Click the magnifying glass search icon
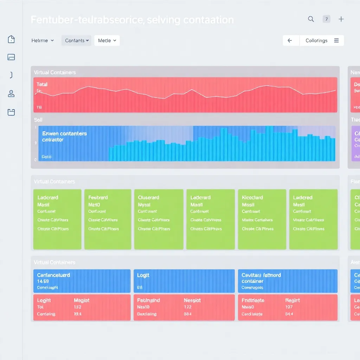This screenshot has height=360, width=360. (x=311, y=19)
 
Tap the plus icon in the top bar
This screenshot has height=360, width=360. (x=341, y=19)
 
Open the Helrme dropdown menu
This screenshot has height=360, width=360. (x=43, y=40)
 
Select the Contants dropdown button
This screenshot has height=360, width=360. (x=76, y=40)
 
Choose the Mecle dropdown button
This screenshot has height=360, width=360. (x=107, y=40)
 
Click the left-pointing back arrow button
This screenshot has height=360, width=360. (x=290, y=40)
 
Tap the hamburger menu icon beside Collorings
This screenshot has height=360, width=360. (x=336, y=40)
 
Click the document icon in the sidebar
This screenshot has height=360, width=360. (x=11, y=39)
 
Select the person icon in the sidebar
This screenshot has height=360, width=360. (x=11, y=94)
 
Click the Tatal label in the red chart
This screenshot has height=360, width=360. (x=42, y=84)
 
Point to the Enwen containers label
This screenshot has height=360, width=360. (x=64, y=134)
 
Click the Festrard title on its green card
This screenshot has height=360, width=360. (x=98, y=198)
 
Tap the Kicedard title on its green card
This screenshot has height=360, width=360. (x=252, y=198)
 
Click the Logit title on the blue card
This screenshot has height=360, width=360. (x=143, y=275)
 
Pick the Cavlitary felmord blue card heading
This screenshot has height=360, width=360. (x=261, y=275)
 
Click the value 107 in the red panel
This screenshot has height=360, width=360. (x=289, y=307)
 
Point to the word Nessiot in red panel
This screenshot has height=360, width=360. (x=192, y=301)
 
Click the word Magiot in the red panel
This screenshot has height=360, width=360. (x=82, y=301)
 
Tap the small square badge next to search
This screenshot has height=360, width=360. (x=326, y=19)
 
